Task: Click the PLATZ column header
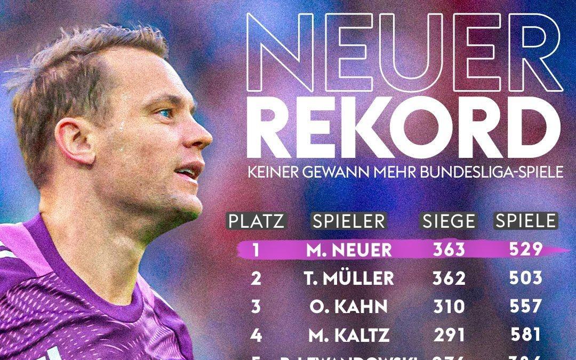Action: [x=257, y=221]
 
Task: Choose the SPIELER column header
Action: [x=349, y=221]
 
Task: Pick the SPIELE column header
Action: [x=526, y=221]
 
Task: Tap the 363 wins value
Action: [x=449, y=250]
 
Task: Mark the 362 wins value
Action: [x=449, y=278]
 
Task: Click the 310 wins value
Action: [x=449, y=307]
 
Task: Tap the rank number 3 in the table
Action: [x=256, y=307]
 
